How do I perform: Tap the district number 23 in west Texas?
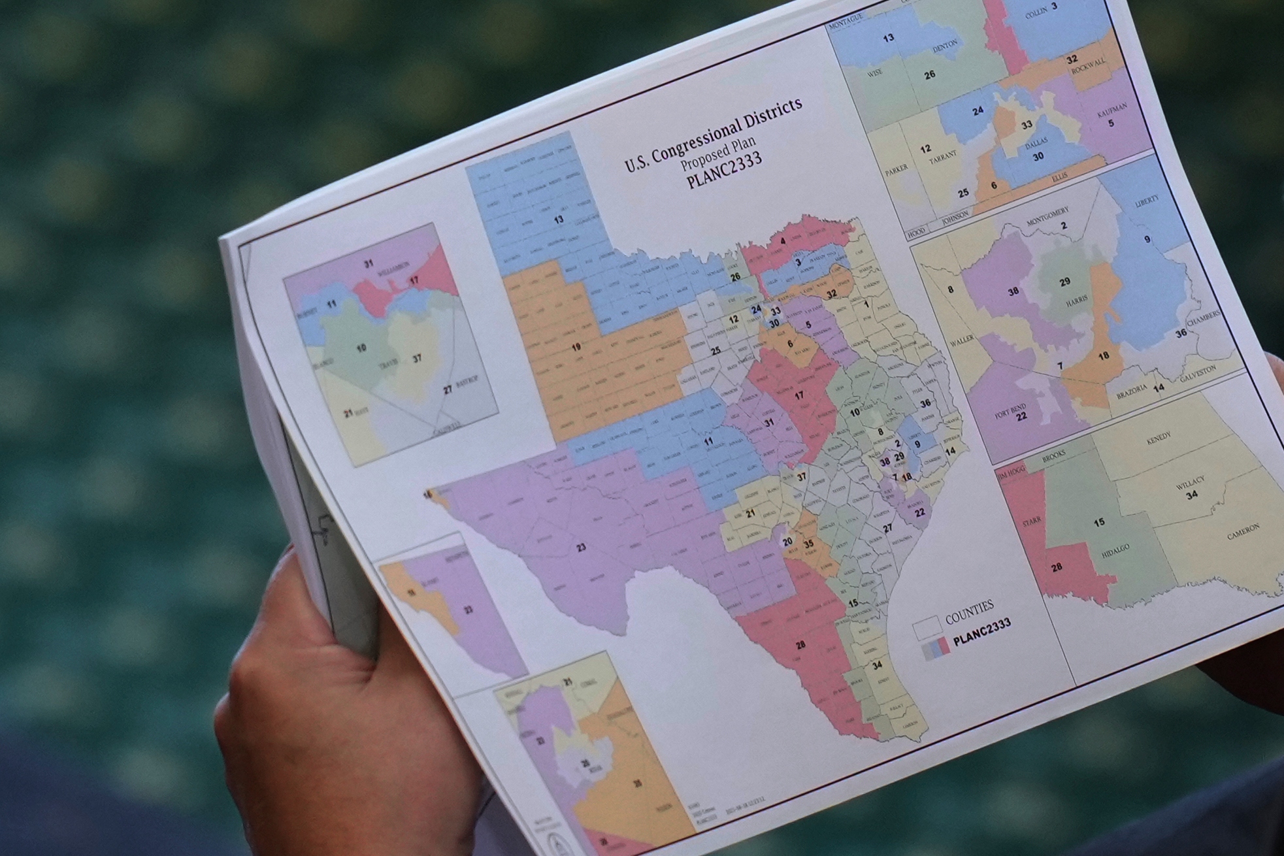pyautogui.click(x=581, y=548)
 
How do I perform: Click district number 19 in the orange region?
pyautogui.click(x=576, y=347)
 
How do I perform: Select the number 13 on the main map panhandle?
pyautogui.click(x=558, y=220)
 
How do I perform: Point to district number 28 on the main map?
pyautogui.click(x=800, y=645)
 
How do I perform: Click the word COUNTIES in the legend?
pyautogui.click(x=969, y=610)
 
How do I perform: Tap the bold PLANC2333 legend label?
pyautogui.click(x=982, y=633)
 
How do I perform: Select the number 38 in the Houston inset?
pyautogui.click(x=1013, y=291)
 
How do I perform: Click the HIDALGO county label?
pyautogui.click(x=1115, y=551)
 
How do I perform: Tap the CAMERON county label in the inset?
pyautogui.click(x=1243, y=531)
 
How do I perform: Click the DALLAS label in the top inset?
pyautogui.click(x=1036, y=142)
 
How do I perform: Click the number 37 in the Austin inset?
pyautogui.click(x=417, y=358)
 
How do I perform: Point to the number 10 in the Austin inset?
pyautogui.click(x=361, y=348)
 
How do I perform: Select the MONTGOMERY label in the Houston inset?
pyautogui.click(x=1047, y=215)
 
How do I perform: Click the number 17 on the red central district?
pyautogui.click(x=798, y=395)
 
